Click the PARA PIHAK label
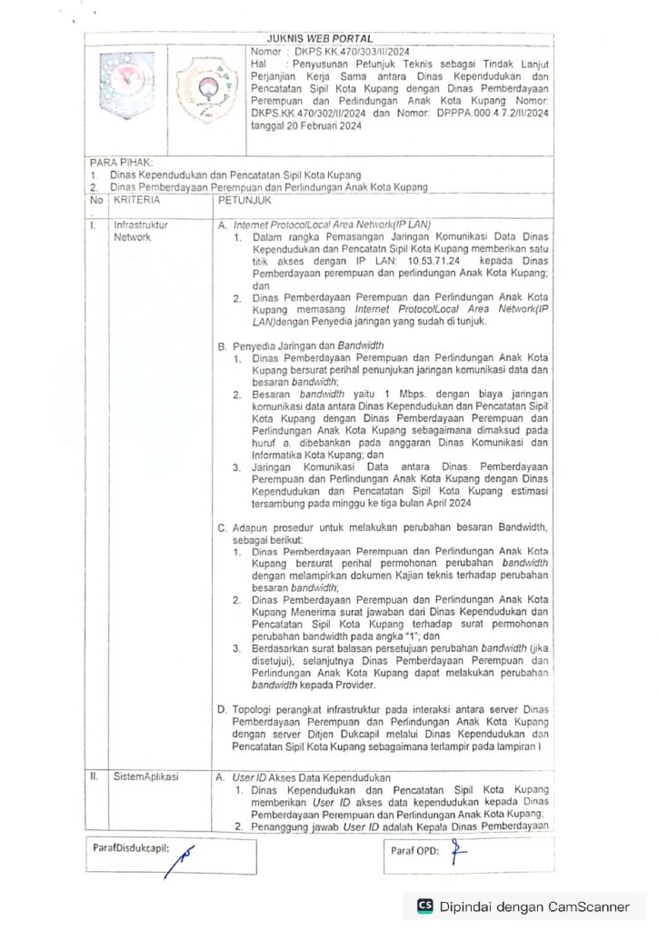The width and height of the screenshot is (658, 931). [122, 162]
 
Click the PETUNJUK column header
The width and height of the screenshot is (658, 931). [237, 197]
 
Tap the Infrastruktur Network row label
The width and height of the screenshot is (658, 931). [140, 230]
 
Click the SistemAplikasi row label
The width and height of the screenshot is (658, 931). [145, 777]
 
